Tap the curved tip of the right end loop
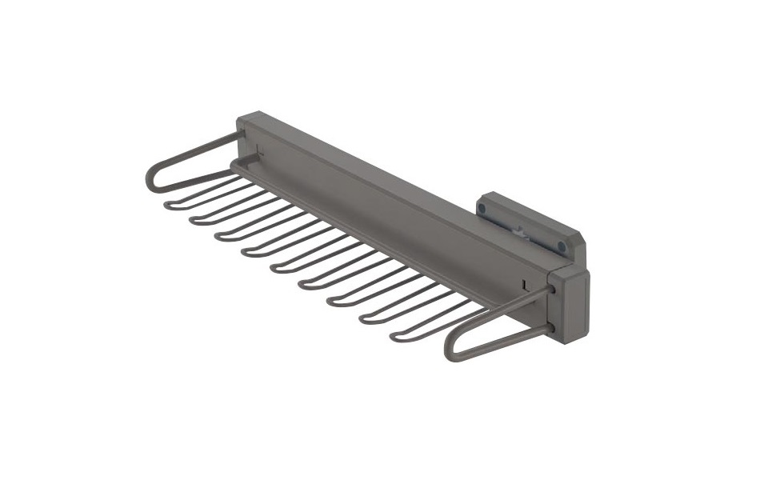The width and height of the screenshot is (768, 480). (450, 350)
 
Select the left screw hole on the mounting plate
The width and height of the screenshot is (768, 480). (482, 209)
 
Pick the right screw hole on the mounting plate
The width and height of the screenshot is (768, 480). (562, 247)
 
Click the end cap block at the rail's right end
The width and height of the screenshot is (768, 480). (570, 305)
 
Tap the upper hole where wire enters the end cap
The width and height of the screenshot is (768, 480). (552, 289)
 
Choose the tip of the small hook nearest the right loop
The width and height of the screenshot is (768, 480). (394, 337)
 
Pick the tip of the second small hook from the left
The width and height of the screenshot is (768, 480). (193, 220)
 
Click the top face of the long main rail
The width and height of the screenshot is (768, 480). (400, 188)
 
